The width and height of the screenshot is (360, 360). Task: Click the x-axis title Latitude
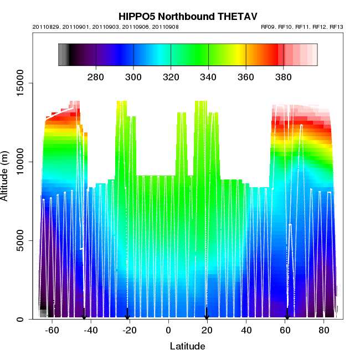tap(187, 347)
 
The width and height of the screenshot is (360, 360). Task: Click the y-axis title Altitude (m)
tap(9, 173)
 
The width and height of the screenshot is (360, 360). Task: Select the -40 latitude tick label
tap(91, 331)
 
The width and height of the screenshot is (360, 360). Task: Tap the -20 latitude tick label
tap(130, 331)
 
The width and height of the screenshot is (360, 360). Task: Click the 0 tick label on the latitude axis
tap(168, 331)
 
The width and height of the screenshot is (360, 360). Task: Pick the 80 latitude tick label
tap(323, 331)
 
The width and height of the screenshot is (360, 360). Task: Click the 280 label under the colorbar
tap(96, 76)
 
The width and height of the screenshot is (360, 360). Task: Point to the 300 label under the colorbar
tap(133, 76)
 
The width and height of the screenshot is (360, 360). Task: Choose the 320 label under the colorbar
tap(171, 76)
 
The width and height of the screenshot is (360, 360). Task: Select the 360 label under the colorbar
tap(245, 76)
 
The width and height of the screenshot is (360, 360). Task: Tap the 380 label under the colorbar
tap(283, 76)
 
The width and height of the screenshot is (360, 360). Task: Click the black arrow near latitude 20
tap(207, 314)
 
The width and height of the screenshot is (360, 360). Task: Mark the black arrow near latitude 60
tap(287, 314)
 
